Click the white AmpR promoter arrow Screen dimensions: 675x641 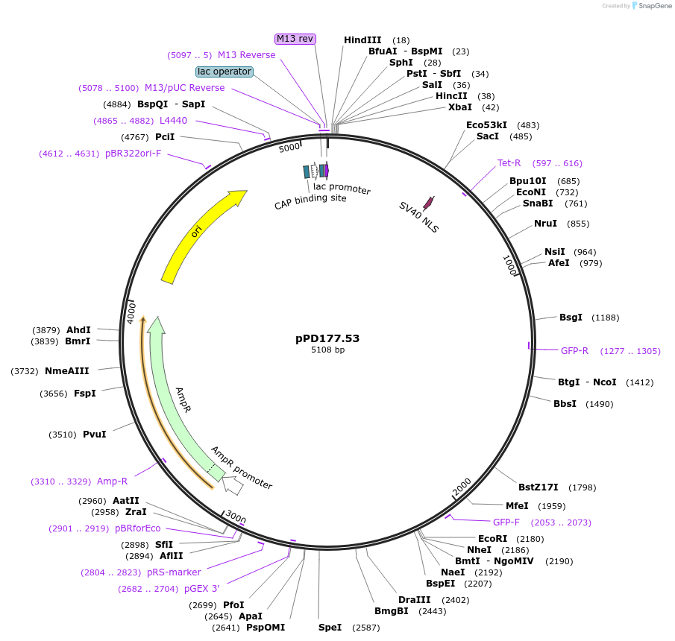click(233, 485)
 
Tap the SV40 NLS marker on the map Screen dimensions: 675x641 click(428, 203)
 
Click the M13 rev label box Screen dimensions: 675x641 click(295, 39)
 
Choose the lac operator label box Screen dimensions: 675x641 click(225, 72)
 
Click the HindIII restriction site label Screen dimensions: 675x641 click(362, 40)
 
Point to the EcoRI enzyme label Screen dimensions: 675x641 click(492, 539)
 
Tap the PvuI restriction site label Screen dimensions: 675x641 click(94, 434)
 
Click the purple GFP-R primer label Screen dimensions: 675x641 click(574, 350)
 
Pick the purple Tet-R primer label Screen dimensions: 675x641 click(509, 163)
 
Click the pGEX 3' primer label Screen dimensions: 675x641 click(201, 589)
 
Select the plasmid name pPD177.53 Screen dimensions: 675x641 click(327, 338)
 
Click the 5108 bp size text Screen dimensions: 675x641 click(327, 350)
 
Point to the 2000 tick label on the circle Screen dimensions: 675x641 click(462, 486)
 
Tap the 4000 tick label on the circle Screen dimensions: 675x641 click(132, 312)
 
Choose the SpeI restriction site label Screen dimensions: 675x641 click(330, 628)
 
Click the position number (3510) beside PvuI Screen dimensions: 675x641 click(62, 434)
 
